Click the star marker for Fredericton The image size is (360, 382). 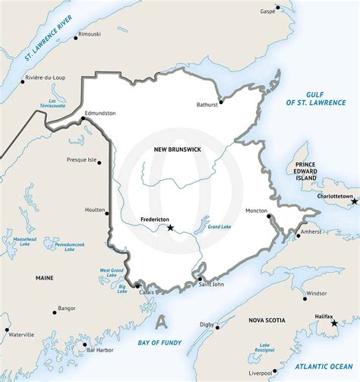tap(171, 227)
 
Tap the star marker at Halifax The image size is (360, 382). tap(334, 324)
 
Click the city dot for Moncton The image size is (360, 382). tap(268, 216)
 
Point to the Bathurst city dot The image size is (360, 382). tap(221, 101)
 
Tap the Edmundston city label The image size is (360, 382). tap(100, 113)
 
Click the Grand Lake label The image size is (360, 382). tap(219, 227)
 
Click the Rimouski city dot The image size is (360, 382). tap(76, 36)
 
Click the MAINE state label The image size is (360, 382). tap(45, 279)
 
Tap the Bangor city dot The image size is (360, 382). tap(54, 311)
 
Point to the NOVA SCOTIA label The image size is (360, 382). tap(267, 321)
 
